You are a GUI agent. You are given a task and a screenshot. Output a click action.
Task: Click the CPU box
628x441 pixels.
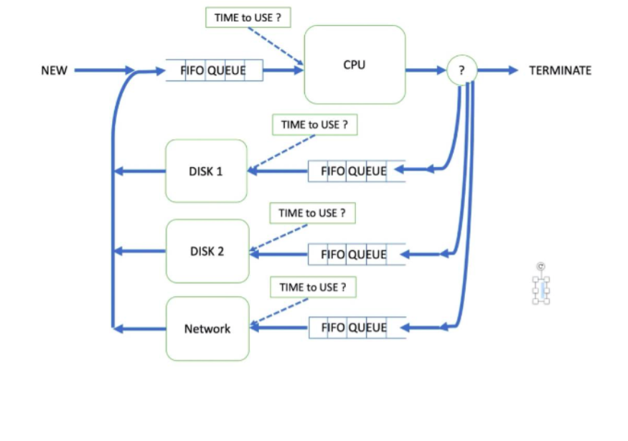[x=355, y=65]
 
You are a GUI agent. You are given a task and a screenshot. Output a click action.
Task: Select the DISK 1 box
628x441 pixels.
[x=206, y=171]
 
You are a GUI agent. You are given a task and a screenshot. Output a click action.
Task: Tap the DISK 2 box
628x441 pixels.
[x=207, y=251]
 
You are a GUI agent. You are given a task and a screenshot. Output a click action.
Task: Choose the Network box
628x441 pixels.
[x=207, y=328]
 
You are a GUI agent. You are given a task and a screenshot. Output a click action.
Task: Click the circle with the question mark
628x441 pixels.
[x=461, y=70]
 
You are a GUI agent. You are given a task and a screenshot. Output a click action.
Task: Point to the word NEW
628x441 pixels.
[x=54, y=70]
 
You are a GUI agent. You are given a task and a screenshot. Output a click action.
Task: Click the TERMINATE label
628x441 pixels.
[x=560, y=70]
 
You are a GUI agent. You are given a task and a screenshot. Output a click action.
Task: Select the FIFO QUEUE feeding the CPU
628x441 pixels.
[x=214, y=70]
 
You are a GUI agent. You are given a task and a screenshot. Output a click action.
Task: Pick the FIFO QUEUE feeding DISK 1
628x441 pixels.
[x=356, y=171]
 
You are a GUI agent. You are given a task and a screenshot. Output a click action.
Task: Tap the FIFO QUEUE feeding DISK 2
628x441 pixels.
[x=356, y=254]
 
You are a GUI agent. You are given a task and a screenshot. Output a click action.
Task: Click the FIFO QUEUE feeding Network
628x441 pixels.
[x=356, y=328]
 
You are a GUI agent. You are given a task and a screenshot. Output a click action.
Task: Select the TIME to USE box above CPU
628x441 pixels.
[x=248, y=18]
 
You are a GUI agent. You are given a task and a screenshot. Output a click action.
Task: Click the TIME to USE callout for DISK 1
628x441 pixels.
[x=314, y=125]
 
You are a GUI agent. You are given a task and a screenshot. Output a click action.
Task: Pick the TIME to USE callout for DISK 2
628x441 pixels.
[x=312, y=213]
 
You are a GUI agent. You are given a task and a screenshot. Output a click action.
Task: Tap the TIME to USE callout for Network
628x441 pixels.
[x=313, y=288]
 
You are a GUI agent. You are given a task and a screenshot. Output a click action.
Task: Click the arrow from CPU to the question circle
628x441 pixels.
[x=425, y=70]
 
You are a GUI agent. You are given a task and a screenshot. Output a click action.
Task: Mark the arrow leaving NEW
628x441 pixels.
[x=104, y=70]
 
